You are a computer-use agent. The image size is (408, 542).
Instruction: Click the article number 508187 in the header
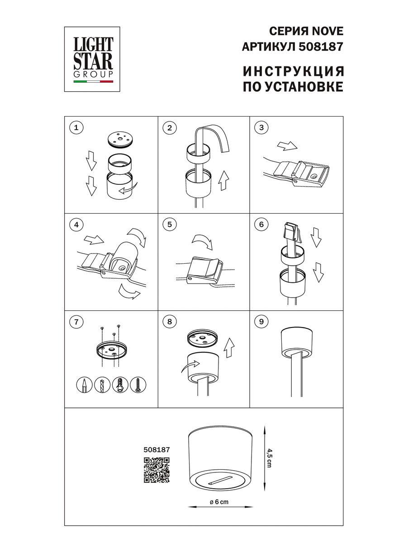(322, 46)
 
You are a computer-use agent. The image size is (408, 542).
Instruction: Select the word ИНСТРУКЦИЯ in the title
(293, 71)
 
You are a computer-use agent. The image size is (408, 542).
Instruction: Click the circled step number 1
(76, 128)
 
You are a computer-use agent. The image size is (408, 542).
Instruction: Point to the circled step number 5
(169, 224)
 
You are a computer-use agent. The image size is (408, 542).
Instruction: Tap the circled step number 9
(261, 322)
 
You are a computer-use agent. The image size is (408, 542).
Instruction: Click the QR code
(157, 470)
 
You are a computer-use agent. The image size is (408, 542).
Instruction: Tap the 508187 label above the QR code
(156, 450)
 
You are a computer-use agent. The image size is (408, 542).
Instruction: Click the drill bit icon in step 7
(102, 385)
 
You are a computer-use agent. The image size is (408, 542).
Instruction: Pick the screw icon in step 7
(137, 385)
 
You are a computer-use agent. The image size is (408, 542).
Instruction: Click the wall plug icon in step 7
(120, 385)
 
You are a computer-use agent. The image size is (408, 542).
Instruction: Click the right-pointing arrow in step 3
(286, 146)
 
